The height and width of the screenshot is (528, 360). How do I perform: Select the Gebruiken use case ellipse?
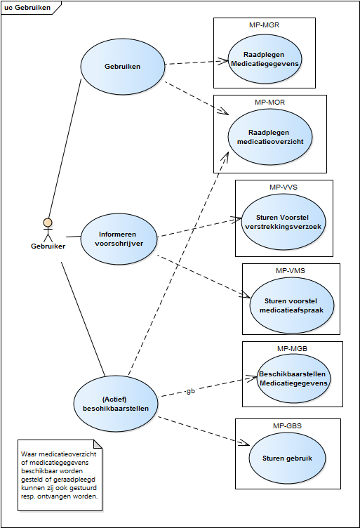pyautogui.click(x=123, y=66)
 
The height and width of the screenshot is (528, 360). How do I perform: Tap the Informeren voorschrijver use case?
pyautogui.click(x=119, y=239)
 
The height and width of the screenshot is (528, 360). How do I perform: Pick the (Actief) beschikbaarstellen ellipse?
pyautogui.click(x=116, y=404)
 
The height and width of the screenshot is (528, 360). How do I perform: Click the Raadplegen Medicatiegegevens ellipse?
pyautogui.click(x=265, y=59)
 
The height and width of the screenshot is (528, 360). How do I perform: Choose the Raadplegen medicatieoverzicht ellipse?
pyautogui.click(x=270, y=137)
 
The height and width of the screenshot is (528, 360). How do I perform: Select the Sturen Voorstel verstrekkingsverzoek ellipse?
pyautogui.click(x=284, y=222)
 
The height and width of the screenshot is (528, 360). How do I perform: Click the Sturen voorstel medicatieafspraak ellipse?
pyautogui.click(x=291, y=305)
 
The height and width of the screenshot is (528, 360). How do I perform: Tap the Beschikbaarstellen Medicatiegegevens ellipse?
pyautogui.click(x=293, y=378)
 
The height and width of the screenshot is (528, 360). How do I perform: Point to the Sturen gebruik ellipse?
pyautogui.click(x=287, y=458)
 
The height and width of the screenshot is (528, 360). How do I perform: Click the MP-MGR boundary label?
pyautogui.click(x=264, y=25)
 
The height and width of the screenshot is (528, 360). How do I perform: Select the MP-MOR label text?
pyautogui.click(x=270, y=103)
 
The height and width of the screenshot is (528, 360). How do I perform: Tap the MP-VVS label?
pyautogui.click(x=284, y=187)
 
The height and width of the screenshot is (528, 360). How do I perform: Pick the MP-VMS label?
pyautogui.click(x=291, y=271)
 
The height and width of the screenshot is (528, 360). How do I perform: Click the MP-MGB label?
pyautogui.click(x=292, y=349)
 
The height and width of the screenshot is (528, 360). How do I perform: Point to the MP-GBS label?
pyautogui.click(x=287, y=426)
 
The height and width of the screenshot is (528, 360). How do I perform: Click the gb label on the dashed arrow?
pyautogui.click(x=190, y=391)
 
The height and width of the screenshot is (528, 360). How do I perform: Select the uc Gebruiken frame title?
pyautogui.click(x=27, y=8)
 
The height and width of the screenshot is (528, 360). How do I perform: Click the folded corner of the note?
pyautogui.click(x=98, y=444)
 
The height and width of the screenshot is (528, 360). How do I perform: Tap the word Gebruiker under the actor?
pyautogui.click(x=48, y=246)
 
